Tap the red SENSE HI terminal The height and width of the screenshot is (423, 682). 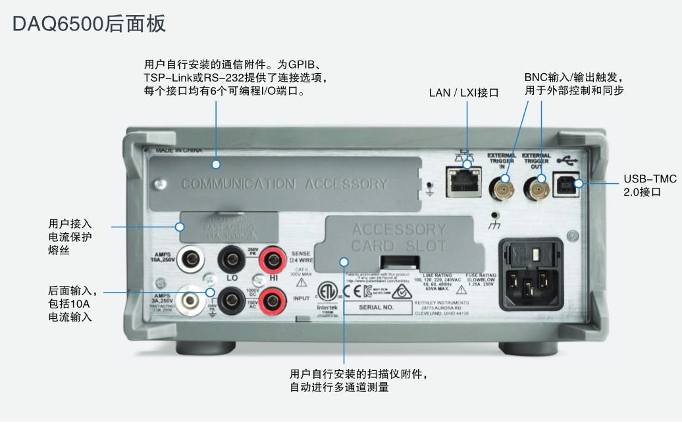(271, 259)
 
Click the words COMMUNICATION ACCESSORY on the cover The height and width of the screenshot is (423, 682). (284, 184)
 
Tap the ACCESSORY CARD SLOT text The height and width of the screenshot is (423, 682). (399, 238)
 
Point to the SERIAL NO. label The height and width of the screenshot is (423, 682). (376, 307)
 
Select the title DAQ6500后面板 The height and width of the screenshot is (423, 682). (89, 24)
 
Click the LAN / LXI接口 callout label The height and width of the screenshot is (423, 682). (463, 93)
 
